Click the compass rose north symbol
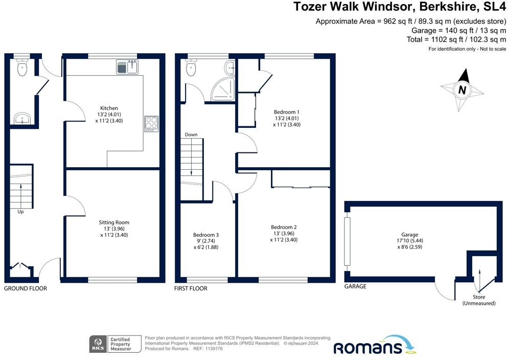463,90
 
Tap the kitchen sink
127,66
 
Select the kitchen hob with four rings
152,123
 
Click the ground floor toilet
21,68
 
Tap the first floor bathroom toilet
192,68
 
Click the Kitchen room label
109,108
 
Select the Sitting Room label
114,222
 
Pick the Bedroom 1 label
287,112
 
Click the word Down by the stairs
191,134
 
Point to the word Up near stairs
20,211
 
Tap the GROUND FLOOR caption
26,288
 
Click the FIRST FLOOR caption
191,288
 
